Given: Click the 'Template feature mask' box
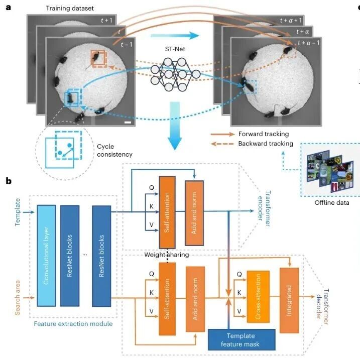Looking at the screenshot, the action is (x=242, y=340).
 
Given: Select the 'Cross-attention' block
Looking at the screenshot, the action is (x=258, y=297).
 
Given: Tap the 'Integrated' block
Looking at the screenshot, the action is (x=289, y=300).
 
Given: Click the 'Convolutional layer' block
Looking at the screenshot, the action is (x=46, y=256).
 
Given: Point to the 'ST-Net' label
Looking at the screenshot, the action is (x=175, y=49).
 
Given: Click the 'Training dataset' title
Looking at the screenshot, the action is (x=70, y=9).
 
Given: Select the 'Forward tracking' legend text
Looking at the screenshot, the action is (x=264, y=134).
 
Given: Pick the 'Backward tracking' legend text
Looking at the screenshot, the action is (x=266, y=144).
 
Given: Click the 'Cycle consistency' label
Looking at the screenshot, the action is (x=114, y=151).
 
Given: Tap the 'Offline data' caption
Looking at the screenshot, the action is (x=332, y=203).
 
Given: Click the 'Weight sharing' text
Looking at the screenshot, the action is (x=167, y=255).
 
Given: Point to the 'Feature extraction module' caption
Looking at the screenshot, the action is (x=73, y=324).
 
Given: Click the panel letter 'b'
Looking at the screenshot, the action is (x=9, y=181).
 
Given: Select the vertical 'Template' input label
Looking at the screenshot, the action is (x=17, y=212).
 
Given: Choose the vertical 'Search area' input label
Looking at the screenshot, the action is (x=17, y=298).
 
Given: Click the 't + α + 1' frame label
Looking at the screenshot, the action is (x=291, y=21).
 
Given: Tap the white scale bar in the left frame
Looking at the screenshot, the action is (x=128, y=123).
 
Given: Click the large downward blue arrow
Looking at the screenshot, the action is (x=175, y=126).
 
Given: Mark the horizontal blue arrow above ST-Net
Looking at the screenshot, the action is (x=175, y=36).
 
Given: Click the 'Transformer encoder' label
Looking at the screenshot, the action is (x=264, y=208).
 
